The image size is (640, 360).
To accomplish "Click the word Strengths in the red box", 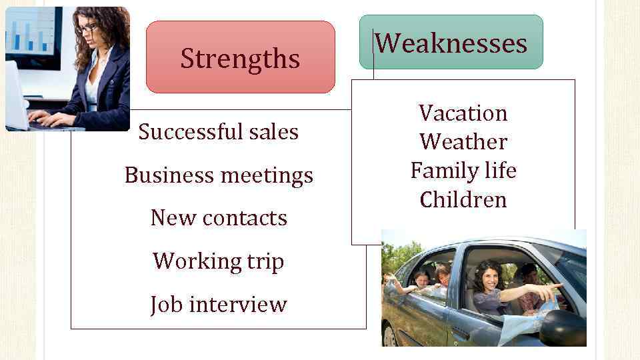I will [x=240, y=59].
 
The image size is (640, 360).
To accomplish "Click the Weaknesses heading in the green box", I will [x=451, y=43].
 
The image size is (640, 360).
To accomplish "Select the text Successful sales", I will [x=218, y=132].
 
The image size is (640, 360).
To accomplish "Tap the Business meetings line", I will [x=219, y=175].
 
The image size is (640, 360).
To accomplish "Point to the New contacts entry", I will [x=219, y=218].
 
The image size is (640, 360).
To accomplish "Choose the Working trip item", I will [x=219, y=261].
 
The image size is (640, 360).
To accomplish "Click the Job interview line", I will [x=219, y=304].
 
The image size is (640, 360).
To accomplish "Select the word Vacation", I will [x=463, y=113].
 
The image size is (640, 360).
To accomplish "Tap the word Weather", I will [x=463, y=142].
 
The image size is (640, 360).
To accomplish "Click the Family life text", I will [x=463, y=171].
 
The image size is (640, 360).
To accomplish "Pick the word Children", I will [x=463, y=199].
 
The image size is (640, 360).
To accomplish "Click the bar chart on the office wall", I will [x=30, y=33].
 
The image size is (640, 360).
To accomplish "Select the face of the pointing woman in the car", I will [x=486, y=277].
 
